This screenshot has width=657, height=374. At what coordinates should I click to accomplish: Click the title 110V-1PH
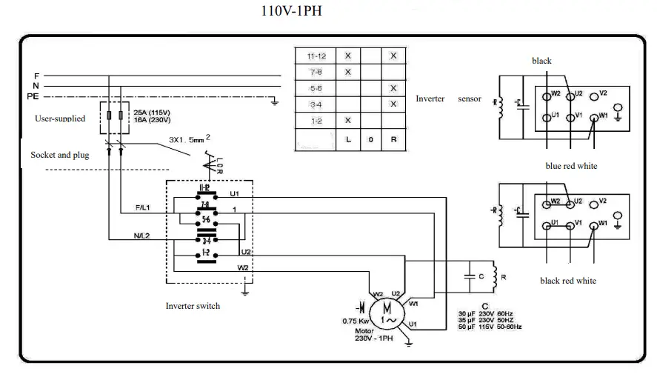(x=292, y=11)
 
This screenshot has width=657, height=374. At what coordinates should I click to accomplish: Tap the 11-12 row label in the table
(x=316, y=56)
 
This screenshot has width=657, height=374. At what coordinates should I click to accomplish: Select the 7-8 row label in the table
(x=316, y=72)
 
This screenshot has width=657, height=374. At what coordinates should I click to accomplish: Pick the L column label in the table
(x=347, y=139)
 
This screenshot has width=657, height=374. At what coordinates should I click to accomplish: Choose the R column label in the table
(x=393, y=139)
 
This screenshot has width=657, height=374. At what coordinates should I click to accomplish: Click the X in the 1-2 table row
(x=347, y=119)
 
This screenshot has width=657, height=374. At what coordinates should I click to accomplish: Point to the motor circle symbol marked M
(x=386, y=311)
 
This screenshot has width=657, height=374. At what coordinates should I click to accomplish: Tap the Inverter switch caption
(x=193, y=306)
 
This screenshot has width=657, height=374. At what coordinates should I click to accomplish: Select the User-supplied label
(x=60, y=118)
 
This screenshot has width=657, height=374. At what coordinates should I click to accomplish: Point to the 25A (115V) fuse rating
(x=152, y=112)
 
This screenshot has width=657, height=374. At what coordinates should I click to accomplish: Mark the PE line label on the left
(x=33, y=96)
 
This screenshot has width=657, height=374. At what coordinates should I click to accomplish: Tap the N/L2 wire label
(x=143, y=236)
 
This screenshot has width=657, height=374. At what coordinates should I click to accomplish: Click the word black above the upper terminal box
(x=541, y=61)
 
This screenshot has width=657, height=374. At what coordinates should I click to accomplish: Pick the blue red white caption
(x=571, y=166)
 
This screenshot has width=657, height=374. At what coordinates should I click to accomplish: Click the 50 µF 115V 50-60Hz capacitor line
(x=490, y=327)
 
